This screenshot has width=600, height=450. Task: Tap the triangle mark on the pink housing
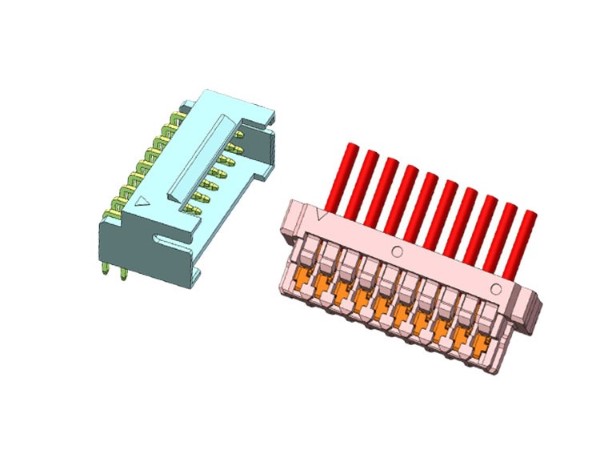point(319,213)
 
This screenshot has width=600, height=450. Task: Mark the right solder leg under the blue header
point(124,273)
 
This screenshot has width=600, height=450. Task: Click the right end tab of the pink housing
point(528,300)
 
